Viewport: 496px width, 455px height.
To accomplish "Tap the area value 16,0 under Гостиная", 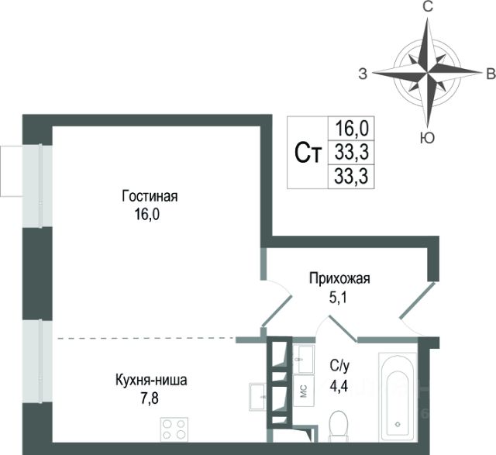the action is coord(145,213).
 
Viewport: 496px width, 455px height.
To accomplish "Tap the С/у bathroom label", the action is coord(339,367).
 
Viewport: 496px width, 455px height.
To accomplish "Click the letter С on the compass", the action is coord(426,7).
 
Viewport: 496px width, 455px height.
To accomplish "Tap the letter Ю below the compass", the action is coord(426,137).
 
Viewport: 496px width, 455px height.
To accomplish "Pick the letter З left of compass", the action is coord(363,74).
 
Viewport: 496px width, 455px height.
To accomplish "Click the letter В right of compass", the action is coord(490,74).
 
